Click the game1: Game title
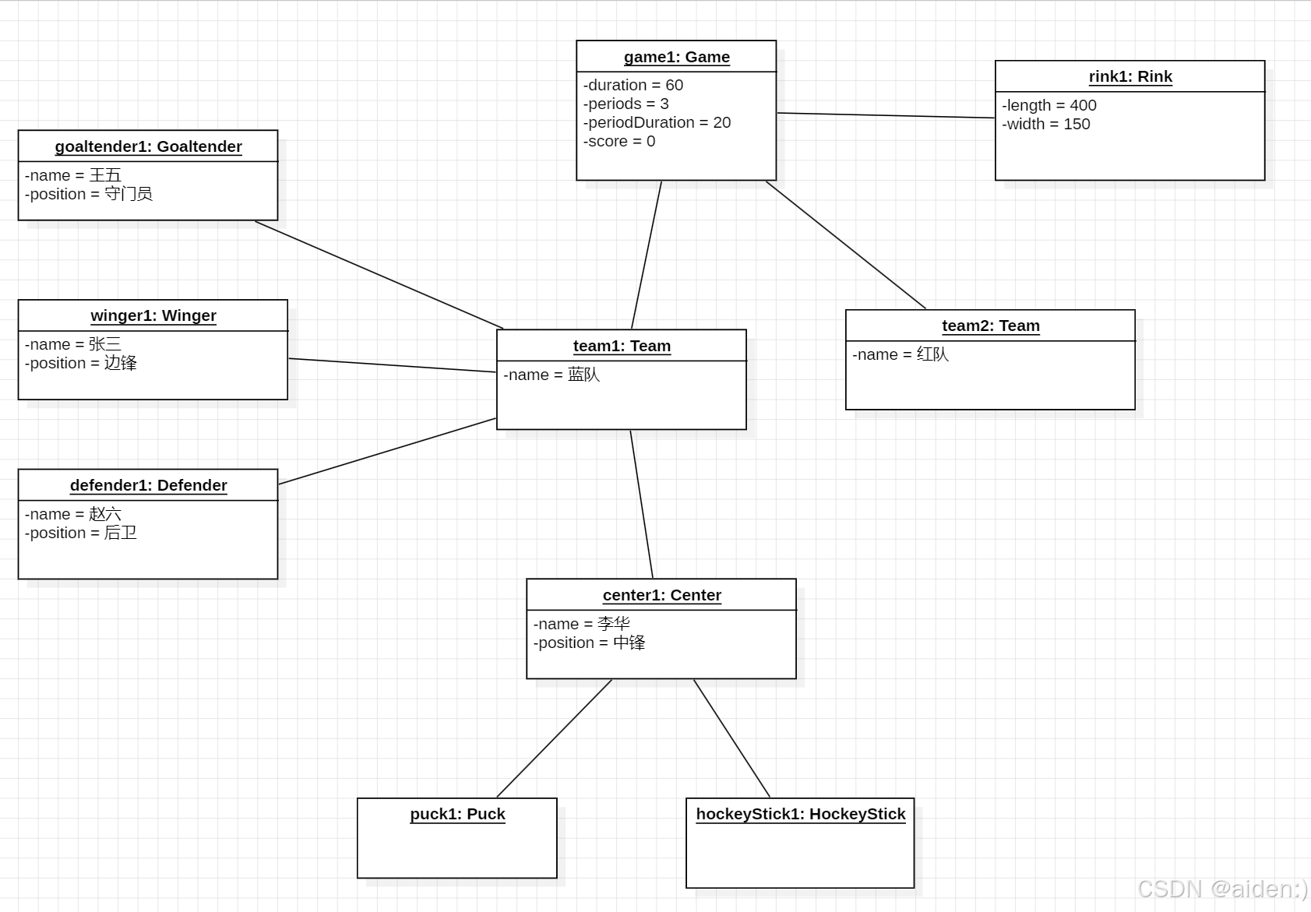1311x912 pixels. coord(676,57)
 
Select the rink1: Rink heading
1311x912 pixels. coord(1130,76)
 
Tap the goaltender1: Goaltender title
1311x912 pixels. coord(148,146)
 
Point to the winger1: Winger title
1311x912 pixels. coord(153,315)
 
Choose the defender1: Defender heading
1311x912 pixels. coord(148,485)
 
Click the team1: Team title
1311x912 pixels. coord(622,346)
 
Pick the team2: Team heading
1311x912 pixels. coord(990,326)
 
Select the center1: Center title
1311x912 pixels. coord(661,595)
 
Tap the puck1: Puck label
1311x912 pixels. coord(457,814)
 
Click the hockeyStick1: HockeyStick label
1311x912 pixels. coord(800,814)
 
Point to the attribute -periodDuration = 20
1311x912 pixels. coord(657,122)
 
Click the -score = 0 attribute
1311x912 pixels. coord(619,141)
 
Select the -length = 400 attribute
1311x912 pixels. coord(1048,105)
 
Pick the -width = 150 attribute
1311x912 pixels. coord(1045,124)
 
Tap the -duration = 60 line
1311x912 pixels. coord(633,85)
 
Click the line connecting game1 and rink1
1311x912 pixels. coord(886,115)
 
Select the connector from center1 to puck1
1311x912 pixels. coord(554,738)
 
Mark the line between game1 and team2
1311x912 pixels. coord(846,245)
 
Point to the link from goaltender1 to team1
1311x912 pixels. coord(379,275)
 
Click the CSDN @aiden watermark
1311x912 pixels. coord(1221,889)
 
